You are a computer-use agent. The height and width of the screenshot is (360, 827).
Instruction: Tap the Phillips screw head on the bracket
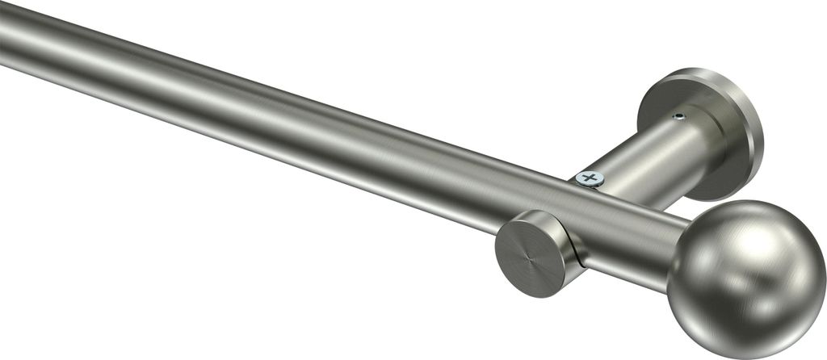click(x=590, y=178)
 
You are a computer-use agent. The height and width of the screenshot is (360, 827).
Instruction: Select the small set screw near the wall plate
click(x=679, y=117)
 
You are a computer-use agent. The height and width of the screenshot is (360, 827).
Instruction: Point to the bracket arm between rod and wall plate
click(x=646, y=165)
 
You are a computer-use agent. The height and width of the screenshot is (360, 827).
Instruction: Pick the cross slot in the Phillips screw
click(x=590, y=178)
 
